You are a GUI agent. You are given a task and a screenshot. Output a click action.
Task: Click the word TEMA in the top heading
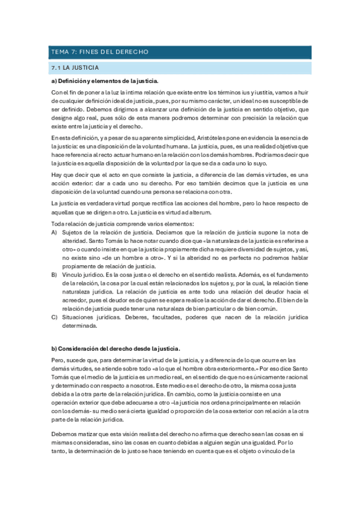(x=59, y=52)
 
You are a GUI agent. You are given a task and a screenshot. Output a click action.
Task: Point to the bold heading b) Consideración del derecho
(x=112, y=348)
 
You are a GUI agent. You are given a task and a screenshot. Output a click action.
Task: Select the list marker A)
(x=55, y=232)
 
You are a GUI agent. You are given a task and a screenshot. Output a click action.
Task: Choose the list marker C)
(x=55, y=316)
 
